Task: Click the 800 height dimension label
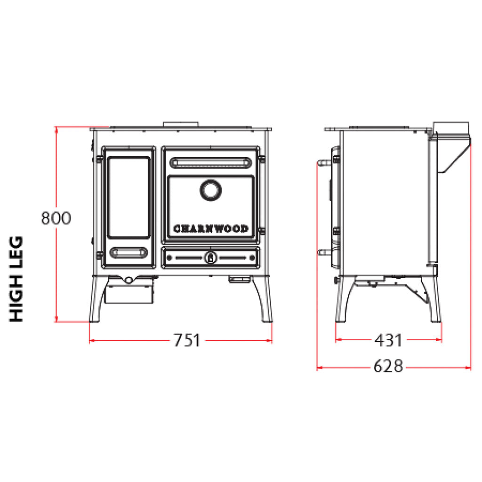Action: (x=56, y=218)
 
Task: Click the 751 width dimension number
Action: (x=187, y=340)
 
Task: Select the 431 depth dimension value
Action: (x=388, y=340)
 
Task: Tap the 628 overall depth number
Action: (x=388, y=366)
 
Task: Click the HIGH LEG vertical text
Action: (x=16, y=279)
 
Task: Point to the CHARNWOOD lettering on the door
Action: (x=211, y=229)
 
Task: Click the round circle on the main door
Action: (x=210, y=190)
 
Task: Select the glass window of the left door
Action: (x=129, y=197)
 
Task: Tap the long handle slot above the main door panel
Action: (x=210, y=162)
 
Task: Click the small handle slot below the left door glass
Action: (x=129, y=252)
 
